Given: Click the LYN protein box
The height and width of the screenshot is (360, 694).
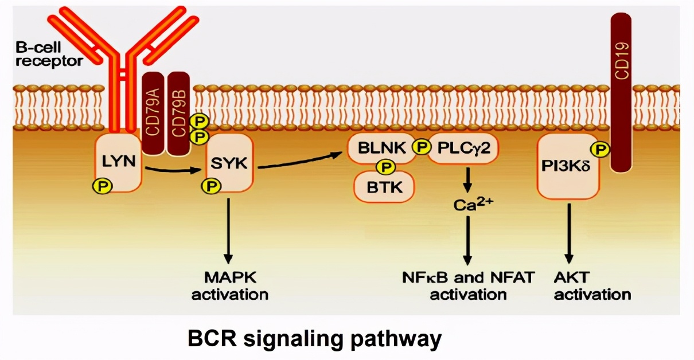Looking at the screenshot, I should coord(119,161).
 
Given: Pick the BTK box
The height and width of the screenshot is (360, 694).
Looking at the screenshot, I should coord(384,187).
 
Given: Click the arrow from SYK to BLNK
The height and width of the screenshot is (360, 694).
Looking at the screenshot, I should coord(301,161).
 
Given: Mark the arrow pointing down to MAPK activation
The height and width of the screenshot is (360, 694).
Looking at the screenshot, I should coord(229,229).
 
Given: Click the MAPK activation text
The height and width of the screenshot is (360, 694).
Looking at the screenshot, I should coord(229,286).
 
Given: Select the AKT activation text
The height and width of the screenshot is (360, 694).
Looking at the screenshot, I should coord(592,286).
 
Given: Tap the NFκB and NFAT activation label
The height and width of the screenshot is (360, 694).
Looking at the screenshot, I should coord(468,286).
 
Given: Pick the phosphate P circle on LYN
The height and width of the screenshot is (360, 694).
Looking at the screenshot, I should coord(104,185).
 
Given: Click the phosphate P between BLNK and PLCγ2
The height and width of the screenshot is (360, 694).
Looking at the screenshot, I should coord(422,148).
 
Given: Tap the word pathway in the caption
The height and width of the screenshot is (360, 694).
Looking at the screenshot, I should coord(396,339).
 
